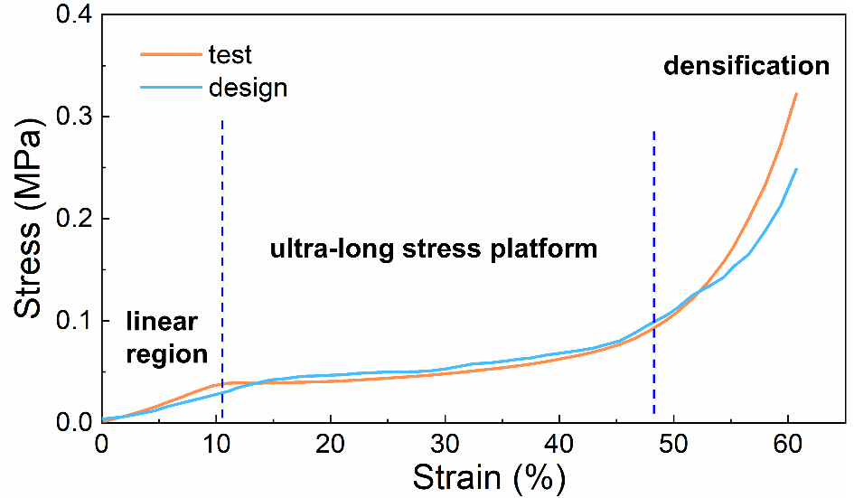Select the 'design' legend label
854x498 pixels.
click(248, 88)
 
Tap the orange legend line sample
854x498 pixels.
click(170, 54)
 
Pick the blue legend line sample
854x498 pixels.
click(170, 88)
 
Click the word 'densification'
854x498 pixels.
click(746, 66)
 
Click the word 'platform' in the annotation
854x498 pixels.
click(549, 249)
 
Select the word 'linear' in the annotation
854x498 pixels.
click(162, 323)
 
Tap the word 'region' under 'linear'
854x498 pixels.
click(167, 353)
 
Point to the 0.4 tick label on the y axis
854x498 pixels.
click(69, 15)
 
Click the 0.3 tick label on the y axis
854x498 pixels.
click(69, 117)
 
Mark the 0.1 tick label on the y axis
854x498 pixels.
click(69, 321)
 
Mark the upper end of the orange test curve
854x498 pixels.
click(796, 93)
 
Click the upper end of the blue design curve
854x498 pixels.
click(796, 169)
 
